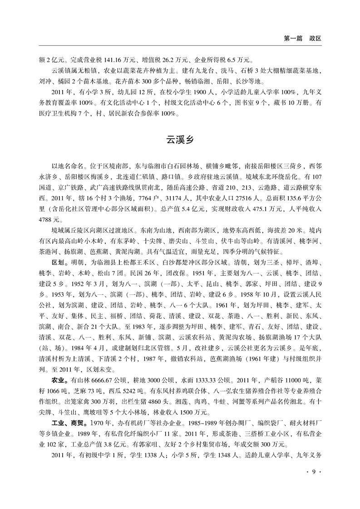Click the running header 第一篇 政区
tap(302, 39)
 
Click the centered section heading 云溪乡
tap(180, 140)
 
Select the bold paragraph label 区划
tap(59, 263)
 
